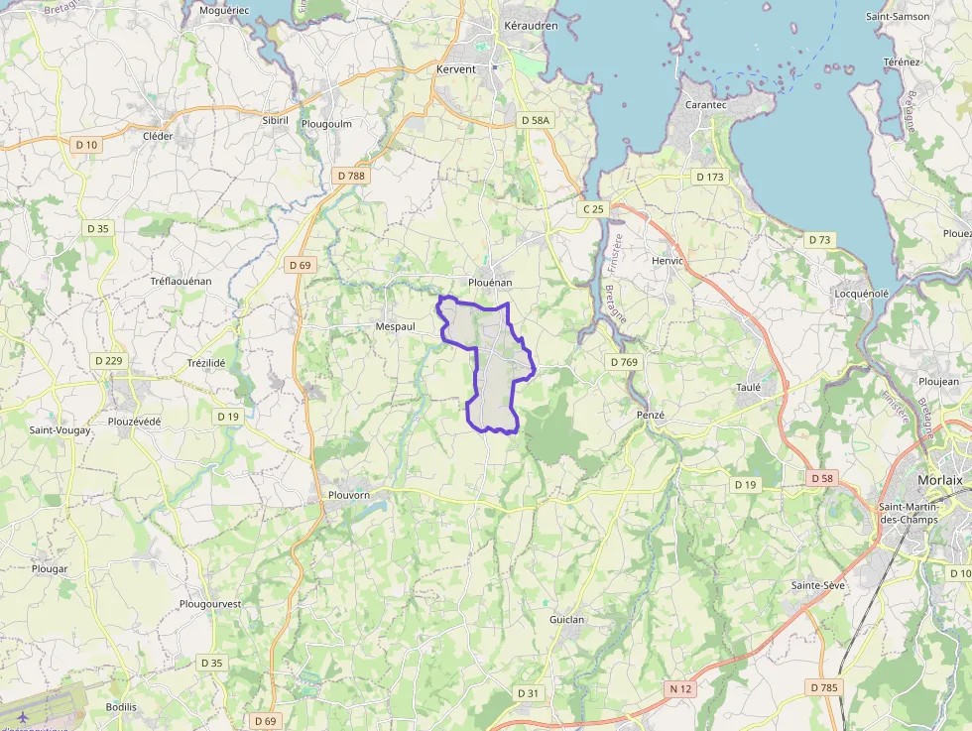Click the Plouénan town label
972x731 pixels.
[x=490, y=283]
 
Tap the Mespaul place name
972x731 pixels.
[x=395, y=326]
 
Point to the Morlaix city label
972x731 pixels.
[x=940, y=480]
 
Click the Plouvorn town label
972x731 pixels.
[x=349, y=495]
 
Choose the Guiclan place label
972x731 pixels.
[x=567, y=620]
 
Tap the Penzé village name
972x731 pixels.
[x=650, y=415]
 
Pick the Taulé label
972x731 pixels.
[x=748, y=388]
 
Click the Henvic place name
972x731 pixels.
[x=668, y=261]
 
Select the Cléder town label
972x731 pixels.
[x=158, y=136]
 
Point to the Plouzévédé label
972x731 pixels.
[x=134, y=422]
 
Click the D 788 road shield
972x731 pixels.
[x=351, y=176]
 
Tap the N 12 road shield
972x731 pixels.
[x=680, y=688]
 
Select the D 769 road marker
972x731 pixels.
[x=624, y=362]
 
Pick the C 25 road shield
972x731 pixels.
[x=593, y=209]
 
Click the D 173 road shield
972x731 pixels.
[x=710, y=177]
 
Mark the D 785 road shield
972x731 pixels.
[x=823, y=687]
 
